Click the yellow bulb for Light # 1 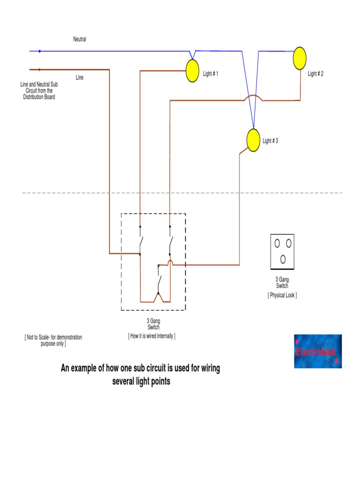point(193,71)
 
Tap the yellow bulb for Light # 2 point(300,59)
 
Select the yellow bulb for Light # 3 point(253,140)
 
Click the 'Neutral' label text point(80,39)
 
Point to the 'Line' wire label point(80,77)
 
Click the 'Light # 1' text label point(210,74)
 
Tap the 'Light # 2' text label point(315,74)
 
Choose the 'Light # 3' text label point(270,141)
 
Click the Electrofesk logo point(318,351)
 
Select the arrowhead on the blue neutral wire point(40,51)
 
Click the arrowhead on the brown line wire point(40,69)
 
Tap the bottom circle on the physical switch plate point(283,259)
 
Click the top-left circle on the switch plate point(277,243)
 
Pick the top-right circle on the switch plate point(289,243)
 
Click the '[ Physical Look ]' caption point(282,295)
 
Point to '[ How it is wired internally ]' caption point(152,336)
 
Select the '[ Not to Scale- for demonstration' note point(53,337)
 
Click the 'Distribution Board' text point(39,97)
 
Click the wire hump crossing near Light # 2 point(253,98)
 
